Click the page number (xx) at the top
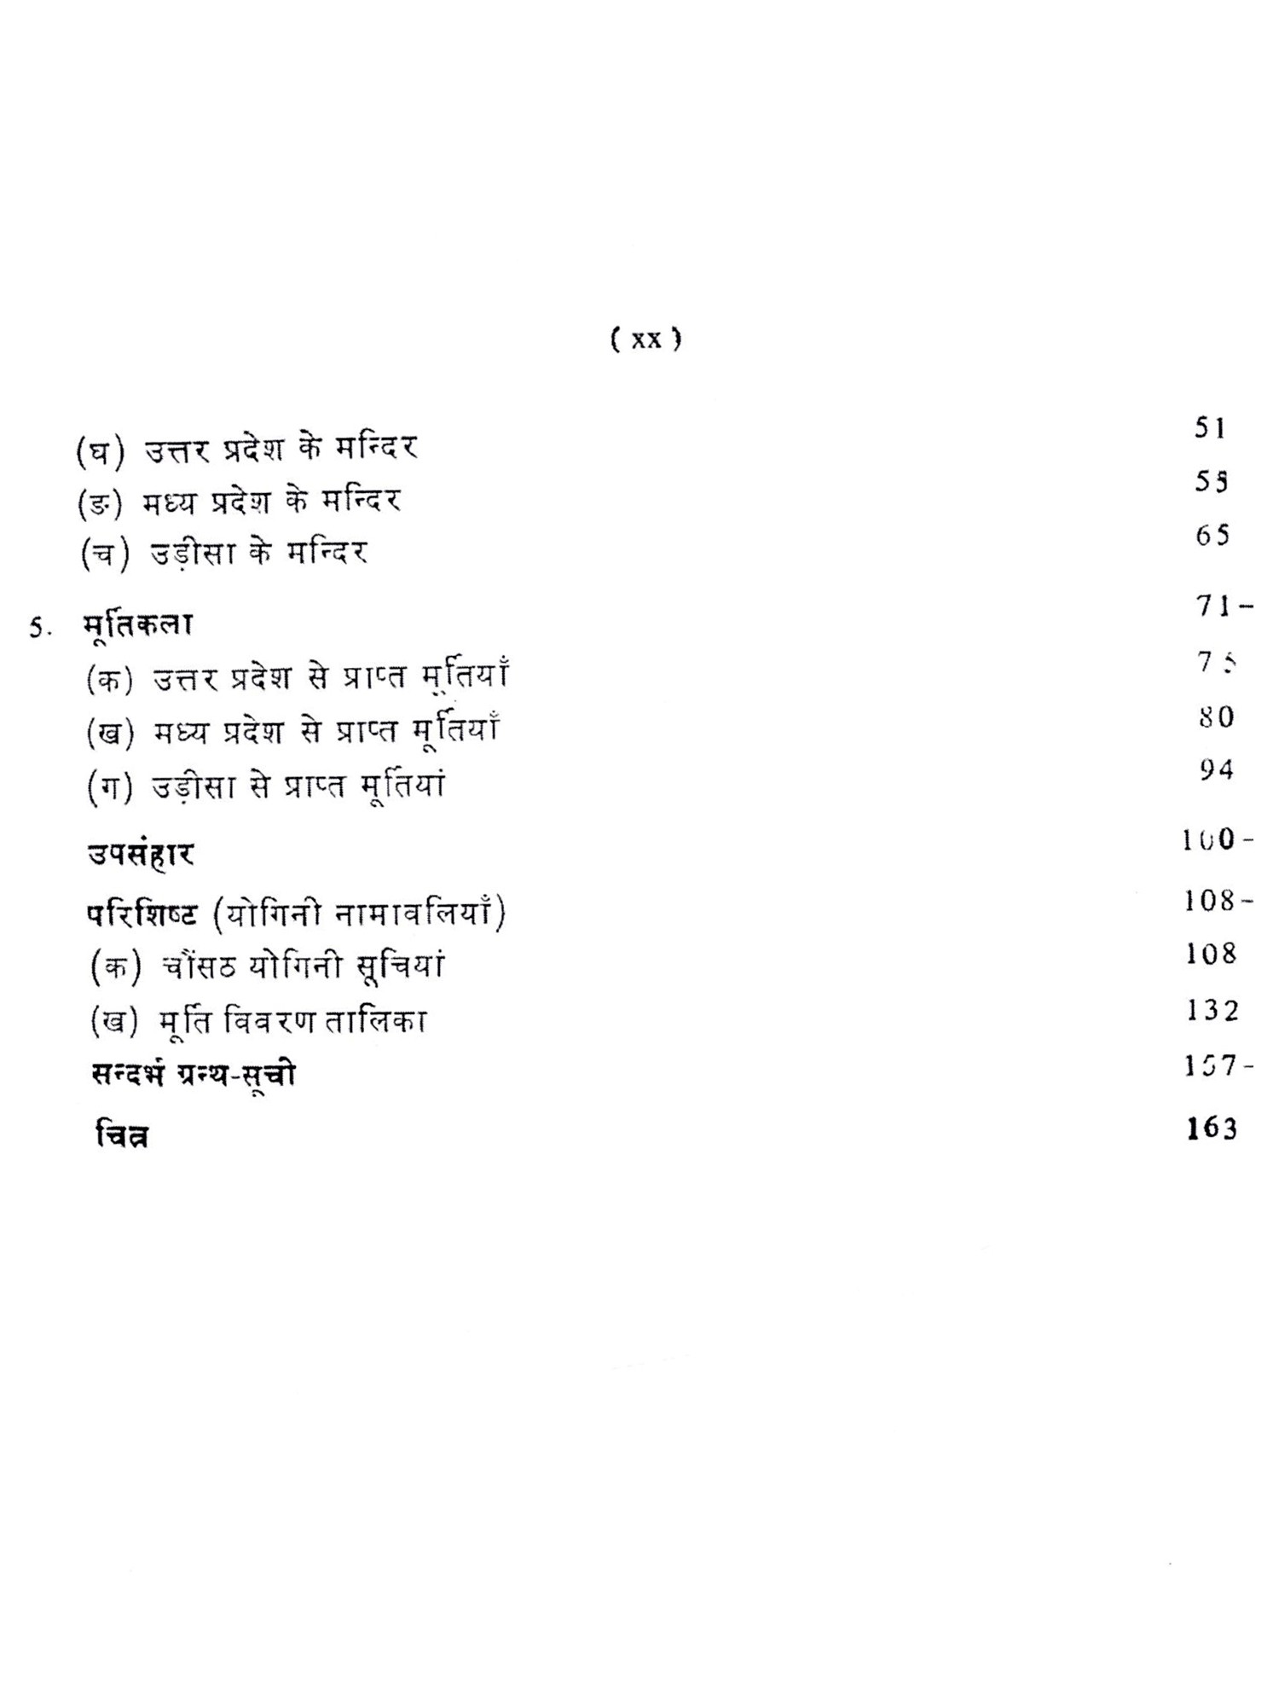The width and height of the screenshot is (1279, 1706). [x=646, y=339]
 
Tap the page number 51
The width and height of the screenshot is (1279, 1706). [x=1210, y=428]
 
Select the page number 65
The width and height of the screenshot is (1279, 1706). [x=1212, y=536]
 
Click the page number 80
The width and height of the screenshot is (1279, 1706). [x=1216, y=717]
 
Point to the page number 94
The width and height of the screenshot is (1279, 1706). [x=1216, y=770]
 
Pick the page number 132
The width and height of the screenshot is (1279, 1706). [x=1212, y=1011]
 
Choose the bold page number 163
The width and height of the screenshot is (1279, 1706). [x=1212, y=1129]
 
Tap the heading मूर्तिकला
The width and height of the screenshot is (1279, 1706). [x=138, y=624]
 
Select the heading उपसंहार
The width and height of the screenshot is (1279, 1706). [x=141, y=854]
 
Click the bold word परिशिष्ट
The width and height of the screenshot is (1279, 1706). [x=142, y=914]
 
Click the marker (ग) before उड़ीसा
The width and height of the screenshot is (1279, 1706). [x=111, y=786]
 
